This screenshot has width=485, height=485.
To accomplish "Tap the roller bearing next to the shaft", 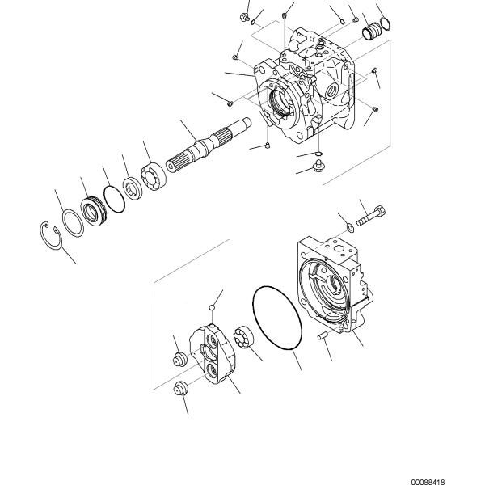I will tap(154, 179).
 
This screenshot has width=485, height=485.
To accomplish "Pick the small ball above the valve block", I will tap(213, 306).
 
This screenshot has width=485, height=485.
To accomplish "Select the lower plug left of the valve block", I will tap(183, 387).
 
